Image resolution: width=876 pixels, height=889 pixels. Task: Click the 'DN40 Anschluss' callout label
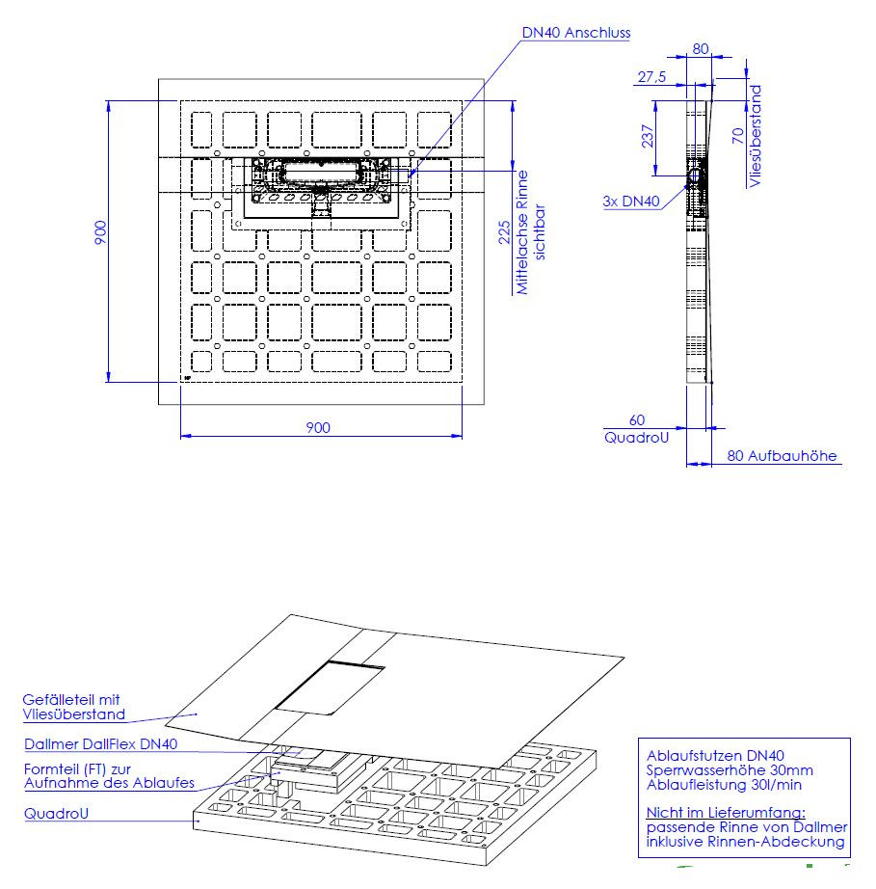pos(575,33)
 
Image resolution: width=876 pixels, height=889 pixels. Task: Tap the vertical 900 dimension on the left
pos(100,232)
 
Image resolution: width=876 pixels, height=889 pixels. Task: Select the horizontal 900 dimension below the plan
pos(318,427)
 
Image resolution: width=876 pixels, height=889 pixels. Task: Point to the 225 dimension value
pos(504,232)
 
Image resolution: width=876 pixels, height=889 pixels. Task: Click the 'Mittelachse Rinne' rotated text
pos(522,232)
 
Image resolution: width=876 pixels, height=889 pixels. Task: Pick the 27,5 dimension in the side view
pos(651,76)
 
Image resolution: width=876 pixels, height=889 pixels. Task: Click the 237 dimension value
pos(648,136)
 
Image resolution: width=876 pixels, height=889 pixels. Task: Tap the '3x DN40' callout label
pos(631,202)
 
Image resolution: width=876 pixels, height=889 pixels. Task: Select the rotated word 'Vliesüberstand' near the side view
pos(755,136)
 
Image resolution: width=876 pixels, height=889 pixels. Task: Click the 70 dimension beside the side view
pos(737,136)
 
